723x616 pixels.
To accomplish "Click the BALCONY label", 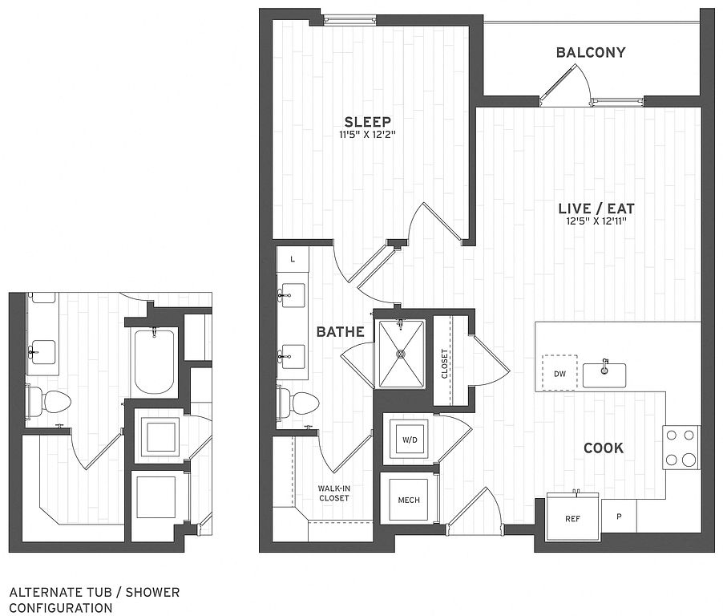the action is [591, 53].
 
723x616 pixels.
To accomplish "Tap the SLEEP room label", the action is [368, 122].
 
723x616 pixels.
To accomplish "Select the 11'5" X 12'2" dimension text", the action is [367, 136].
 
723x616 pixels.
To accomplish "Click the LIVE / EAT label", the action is [596, 209].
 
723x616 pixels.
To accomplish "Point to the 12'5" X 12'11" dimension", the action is [596, 221].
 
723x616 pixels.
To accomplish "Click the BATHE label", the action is [341, 332].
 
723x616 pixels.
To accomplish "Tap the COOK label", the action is [604, 448].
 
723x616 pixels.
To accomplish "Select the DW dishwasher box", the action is [559, 373].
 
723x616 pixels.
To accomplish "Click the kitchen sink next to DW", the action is [604, 375].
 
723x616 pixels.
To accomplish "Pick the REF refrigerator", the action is [573, 517].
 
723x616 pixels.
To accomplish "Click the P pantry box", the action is [619, 516].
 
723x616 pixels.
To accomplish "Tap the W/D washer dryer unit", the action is [410, 440].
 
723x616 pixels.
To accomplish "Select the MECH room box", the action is [409, 500].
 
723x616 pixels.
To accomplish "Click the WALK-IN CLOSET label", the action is [333, 493].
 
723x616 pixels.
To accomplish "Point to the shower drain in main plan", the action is [401, 354].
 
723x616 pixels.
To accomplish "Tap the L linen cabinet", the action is [293, 259].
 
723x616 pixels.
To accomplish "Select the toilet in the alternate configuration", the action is [48, 401].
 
